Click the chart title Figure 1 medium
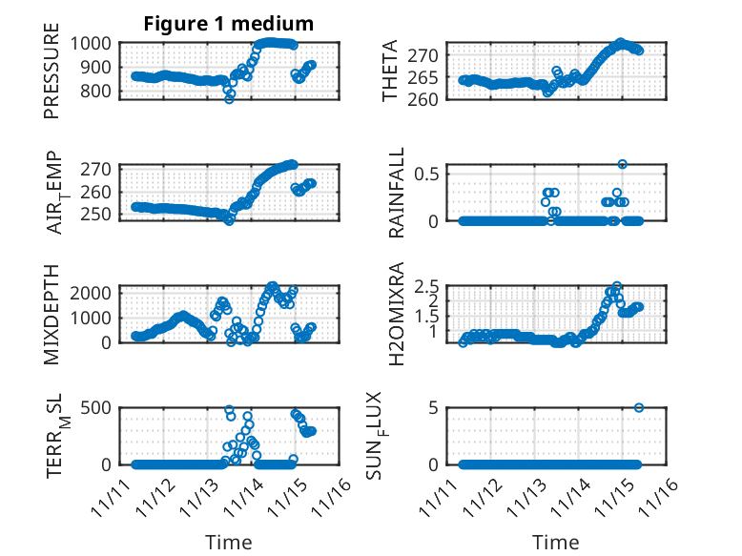228,23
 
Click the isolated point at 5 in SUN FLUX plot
638,407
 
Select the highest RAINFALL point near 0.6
622,164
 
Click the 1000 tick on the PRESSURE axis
98,43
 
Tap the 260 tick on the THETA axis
425,99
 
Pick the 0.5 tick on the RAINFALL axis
425,174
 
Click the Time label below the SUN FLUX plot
555,543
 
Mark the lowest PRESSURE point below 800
229,98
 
